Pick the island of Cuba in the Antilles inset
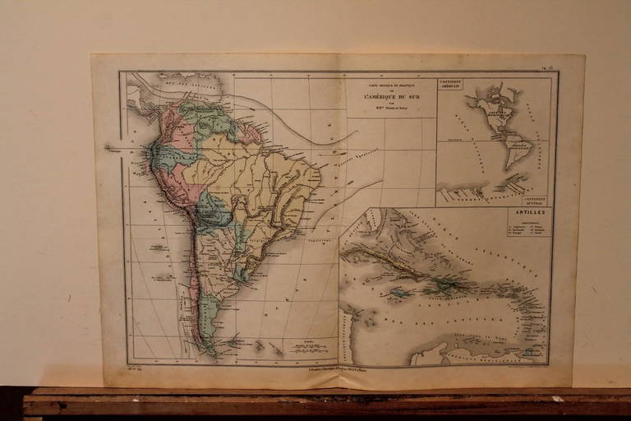tap(386, 261)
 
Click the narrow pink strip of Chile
tap(194, 280)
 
